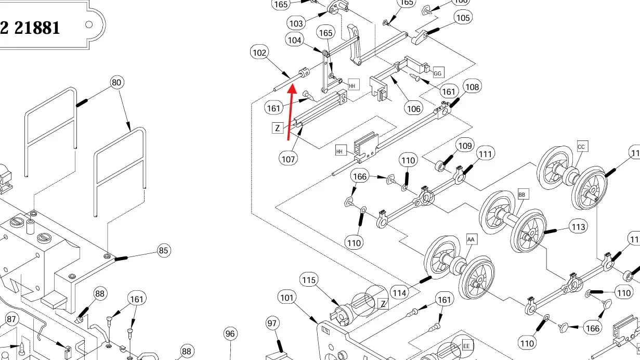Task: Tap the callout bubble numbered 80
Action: point(117,82)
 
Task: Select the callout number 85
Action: point(164,251)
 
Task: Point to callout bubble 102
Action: point(259,53)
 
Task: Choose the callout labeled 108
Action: point(472,87)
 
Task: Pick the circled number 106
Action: point(414,109)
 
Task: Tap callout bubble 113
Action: point(579,227)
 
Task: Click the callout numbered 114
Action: point(399,293)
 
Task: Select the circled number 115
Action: point(309,280)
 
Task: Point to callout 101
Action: point(287,298)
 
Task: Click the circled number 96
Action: point(230,334)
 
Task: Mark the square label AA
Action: point(472,239)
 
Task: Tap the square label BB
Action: point(523,195)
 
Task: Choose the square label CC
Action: point(581,147)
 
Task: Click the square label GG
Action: point(438,73)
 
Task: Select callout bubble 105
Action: point(462,18)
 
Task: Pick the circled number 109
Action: point(464,146)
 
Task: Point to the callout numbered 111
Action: point(485,154)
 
